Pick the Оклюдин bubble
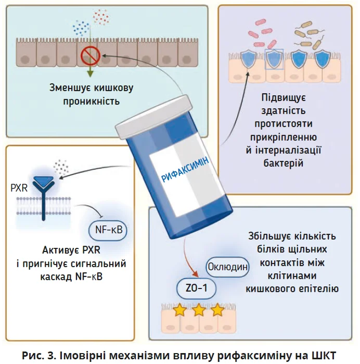227,267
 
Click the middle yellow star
199,311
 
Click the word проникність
92,101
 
